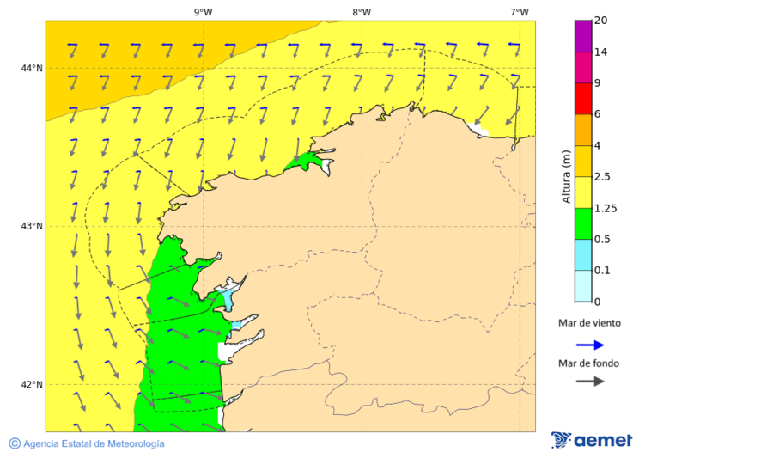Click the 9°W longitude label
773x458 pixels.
tap(203, 12)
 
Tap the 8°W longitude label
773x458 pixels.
tap(362, 12)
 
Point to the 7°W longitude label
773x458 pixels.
tap(519, 12)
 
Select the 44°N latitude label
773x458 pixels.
tap(32, 68)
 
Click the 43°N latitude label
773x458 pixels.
tap(32, 226)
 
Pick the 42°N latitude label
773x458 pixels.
tap(32, 384)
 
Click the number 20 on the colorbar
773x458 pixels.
tap(600, 21)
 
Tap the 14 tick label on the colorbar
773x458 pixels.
tap(600, 52)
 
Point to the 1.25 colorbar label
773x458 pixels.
tap(606, 208)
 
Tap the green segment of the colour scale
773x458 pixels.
tap(583, 223)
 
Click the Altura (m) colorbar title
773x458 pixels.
tap(566, 176)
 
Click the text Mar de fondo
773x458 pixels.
tap(588, 363)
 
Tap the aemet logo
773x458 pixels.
tap(592, 440)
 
